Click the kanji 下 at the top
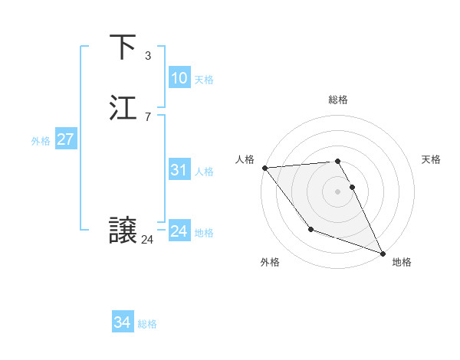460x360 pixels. click(123, 47)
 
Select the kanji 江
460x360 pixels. click(123, 108)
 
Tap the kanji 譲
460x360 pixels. click(123, 231)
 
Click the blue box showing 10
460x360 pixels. click(179, 78)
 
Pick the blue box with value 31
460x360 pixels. click(179, 170)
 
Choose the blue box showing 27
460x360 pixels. click(65, 139)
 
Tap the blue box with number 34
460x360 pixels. click(122, 323)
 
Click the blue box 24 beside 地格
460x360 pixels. click(179, 231)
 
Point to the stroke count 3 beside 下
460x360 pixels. click(147, 55)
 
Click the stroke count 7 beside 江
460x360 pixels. click(147, 116)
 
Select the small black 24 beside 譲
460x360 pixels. click(147, 240)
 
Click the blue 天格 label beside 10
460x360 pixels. click(204, 80)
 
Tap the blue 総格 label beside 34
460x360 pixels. click(147, 325)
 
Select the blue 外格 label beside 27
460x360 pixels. click(41, 141)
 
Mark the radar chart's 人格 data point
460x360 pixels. click(264, 168)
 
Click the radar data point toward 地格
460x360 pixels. click(382, 253)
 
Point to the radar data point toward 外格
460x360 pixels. click(310, 229)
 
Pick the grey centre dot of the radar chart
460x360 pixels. click(337, 191)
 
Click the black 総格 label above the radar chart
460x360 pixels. click(337, 100)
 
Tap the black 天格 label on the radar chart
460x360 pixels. click(431, 159)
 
